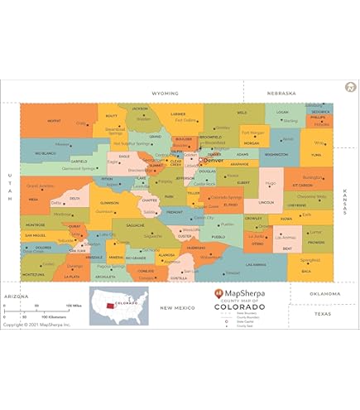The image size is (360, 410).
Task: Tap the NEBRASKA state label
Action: [281, 94]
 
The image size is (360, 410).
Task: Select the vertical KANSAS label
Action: [344, 202]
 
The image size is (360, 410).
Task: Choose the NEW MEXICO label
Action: [176, 307]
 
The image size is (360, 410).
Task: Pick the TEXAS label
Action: [322, 314]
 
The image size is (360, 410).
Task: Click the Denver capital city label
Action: [214, 150]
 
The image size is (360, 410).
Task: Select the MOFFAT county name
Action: [54, 121]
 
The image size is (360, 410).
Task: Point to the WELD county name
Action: [242, 113]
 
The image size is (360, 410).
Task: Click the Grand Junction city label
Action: [40, 186]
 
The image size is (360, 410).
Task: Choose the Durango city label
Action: [75, 266]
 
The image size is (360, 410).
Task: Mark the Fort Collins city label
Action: [185, 121]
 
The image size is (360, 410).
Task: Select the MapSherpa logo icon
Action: [218, 293]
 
